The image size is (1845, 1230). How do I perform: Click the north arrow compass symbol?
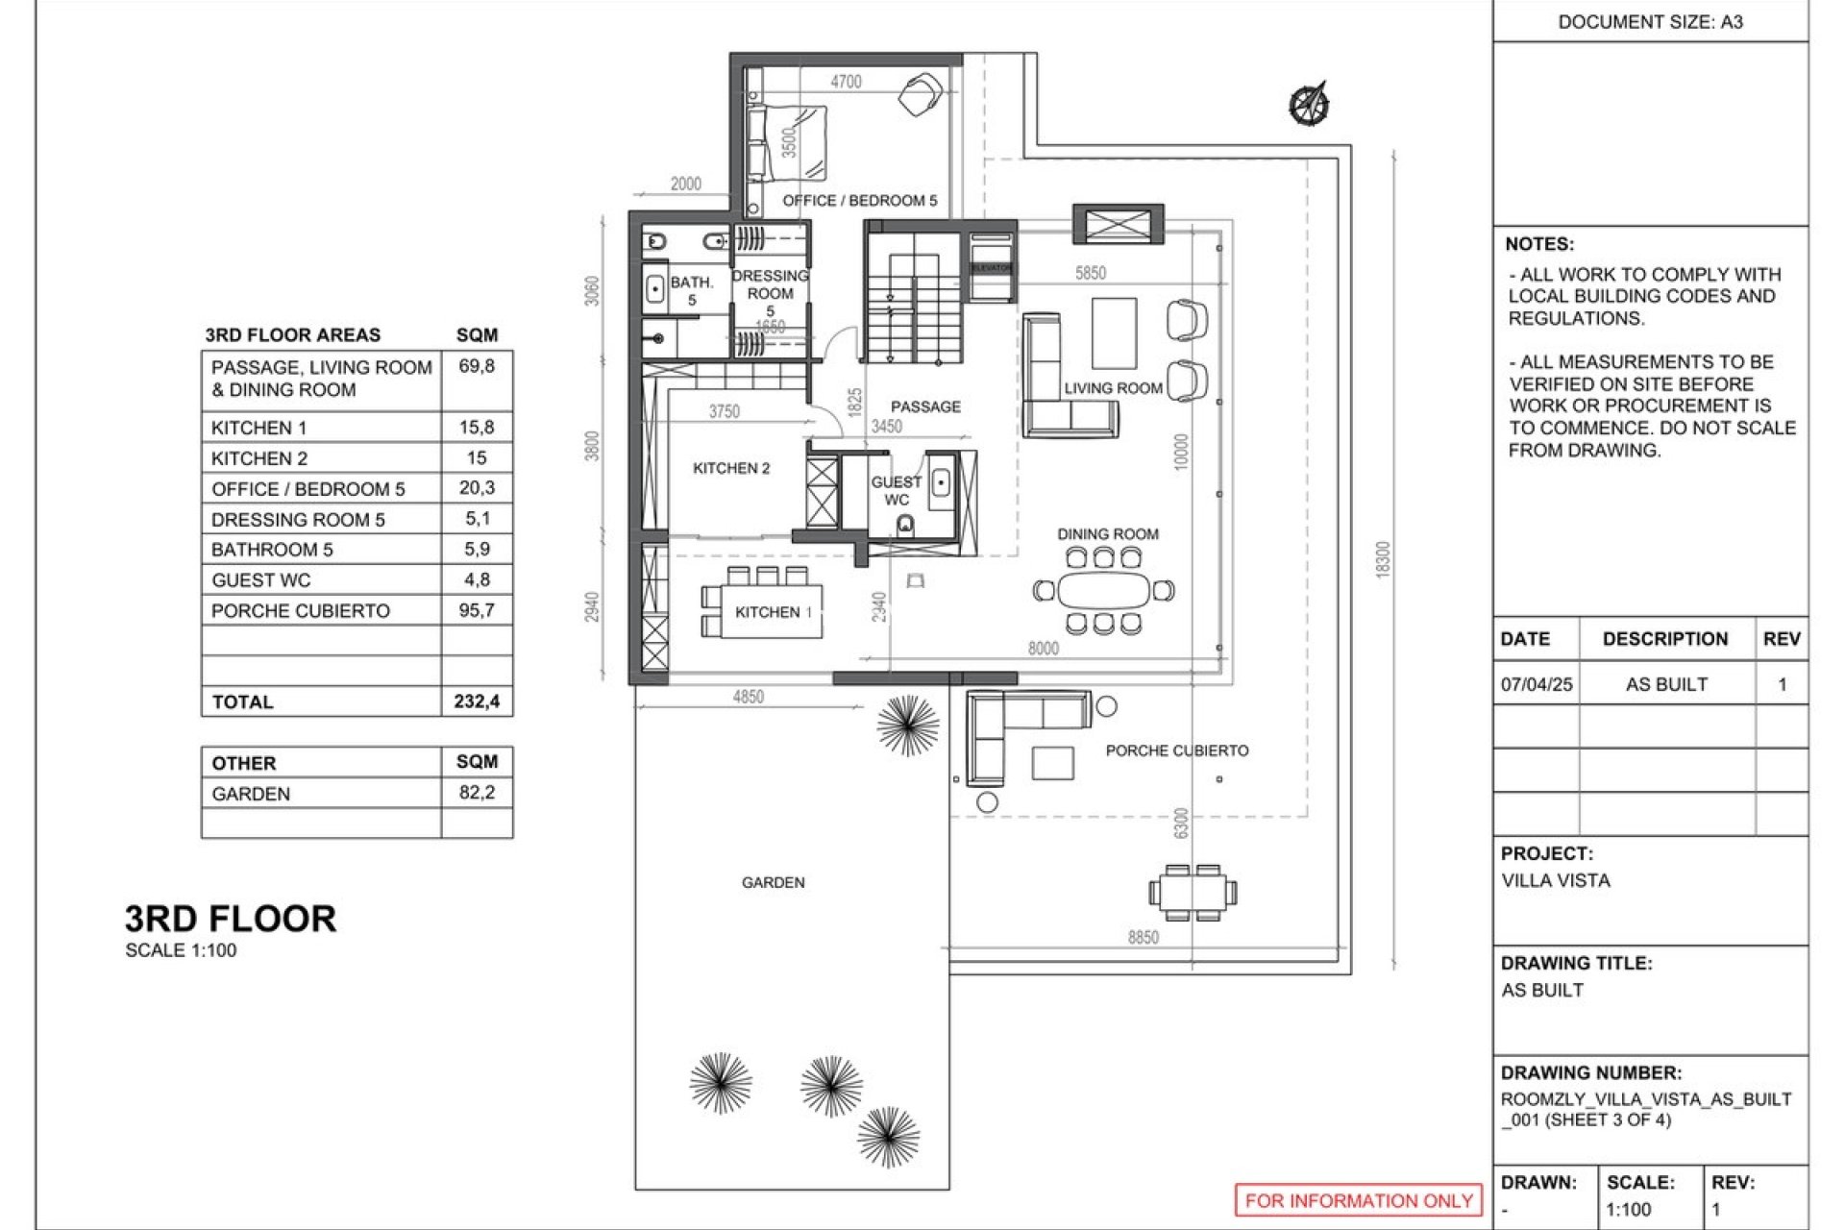coord(1308,103)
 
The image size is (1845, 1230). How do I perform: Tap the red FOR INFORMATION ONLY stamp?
coord(1358,1200)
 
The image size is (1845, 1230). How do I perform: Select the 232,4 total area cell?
coord(477,701)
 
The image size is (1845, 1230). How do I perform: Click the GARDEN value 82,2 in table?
coord(477,793)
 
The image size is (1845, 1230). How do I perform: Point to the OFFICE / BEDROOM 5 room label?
coord(859,201)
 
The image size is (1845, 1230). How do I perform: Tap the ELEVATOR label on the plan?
coord(991,268)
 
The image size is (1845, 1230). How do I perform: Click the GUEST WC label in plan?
coord(896,490)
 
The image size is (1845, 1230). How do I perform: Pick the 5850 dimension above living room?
coord(1090,273)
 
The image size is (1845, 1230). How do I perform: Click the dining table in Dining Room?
coord(1103,590)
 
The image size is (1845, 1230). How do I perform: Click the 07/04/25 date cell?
coord(1536,684)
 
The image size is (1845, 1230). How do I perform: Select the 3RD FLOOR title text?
coord(231,919)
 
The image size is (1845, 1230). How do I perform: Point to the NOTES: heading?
coord(1539,244)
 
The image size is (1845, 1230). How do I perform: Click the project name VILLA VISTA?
coord(1556,880)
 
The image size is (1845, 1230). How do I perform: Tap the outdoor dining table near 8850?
coord(1193,892)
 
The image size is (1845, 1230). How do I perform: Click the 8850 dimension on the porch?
coord(1143,937)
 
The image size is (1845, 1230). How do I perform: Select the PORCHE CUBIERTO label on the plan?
coord(1176,750)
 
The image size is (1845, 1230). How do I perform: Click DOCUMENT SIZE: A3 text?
coord(1650,21)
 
